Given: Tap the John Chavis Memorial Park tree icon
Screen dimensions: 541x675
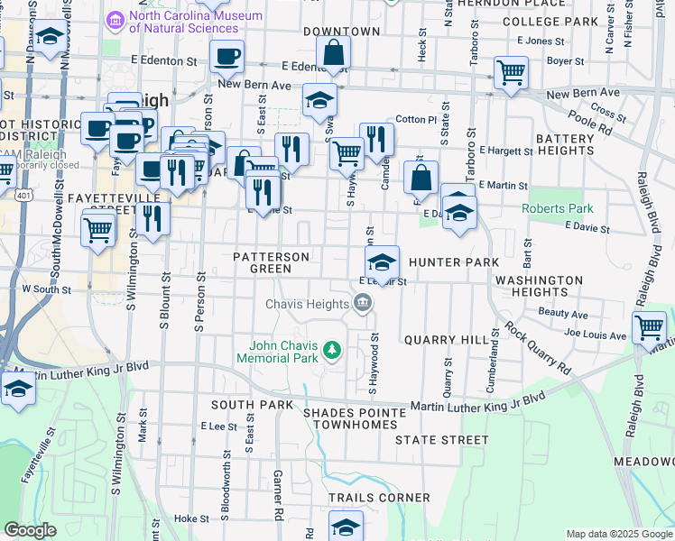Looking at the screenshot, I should click(x=333, y=349).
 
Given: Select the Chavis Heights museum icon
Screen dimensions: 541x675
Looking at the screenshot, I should click(x=363, y=303).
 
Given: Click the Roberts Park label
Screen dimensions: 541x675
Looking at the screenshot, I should click(x=558, y=208).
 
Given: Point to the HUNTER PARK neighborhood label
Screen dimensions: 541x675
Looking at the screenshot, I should click(x=454, y=262).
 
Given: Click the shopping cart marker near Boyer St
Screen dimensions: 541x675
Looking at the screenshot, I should click(x=512, y=72).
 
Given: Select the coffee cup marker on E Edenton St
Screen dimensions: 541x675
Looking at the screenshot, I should click(x=227, y=57).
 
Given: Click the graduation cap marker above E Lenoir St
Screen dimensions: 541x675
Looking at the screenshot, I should click(x=383, y=263).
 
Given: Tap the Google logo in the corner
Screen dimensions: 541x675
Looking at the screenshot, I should click(x=30, y=530).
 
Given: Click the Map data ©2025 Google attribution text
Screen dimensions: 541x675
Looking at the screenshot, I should click(x=619, y=534).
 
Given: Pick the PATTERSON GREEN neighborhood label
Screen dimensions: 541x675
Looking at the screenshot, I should click(x=271, y=262).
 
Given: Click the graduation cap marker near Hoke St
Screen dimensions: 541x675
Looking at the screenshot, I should click(x=346, y=525).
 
